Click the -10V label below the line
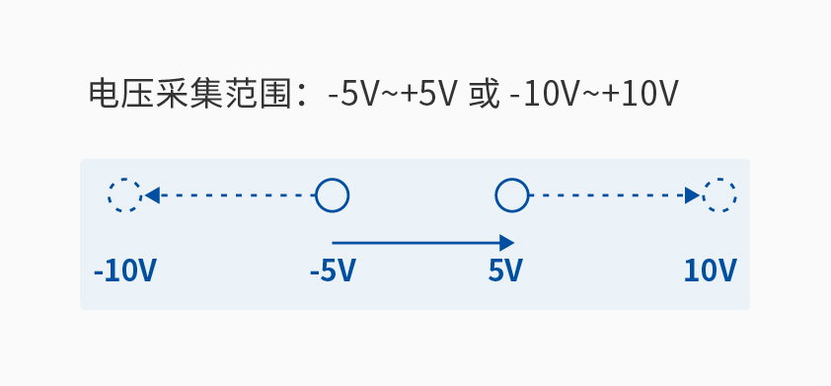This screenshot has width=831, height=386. tap(125, 270)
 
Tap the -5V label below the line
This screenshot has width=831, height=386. tap(332, 270)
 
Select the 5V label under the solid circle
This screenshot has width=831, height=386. tap(505, 270)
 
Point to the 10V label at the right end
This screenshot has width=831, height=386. tap(711, 270)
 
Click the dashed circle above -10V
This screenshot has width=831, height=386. tap(125, 195)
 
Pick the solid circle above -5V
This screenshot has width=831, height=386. tap(332, 195)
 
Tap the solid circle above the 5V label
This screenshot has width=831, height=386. tap(511, 195)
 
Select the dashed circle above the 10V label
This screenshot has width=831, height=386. tap(719, 195)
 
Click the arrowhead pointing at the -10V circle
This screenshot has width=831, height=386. tap(152, 195)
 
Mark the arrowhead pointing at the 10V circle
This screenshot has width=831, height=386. tap(693, 195)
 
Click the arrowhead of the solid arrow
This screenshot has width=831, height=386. tap(507, 242)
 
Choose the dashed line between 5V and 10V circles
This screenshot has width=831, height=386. tap(607, 195)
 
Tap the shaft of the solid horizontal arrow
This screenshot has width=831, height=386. tap(415, 242)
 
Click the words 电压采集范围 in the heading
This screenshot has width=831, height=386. tap(189, 95)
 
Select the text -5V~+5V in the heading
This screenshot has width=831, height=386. tap(393, 95)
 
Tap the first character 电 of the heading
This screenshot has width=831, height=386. tap(103, 95)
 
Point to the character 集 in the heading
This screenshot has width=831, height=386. tap(205, 95)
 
